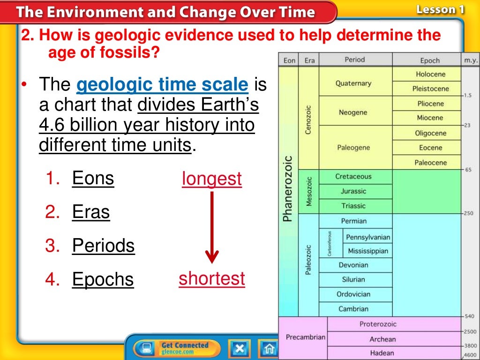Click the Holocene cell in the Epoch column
pos(430,74)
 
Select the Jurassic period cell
pos(353,191)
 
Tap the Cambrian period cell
pos(353,309)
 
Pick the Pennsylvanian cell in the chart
pos(368,237)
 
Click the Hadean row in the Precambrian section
pos(382,353)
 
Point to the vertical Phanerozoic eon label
pos(287,187)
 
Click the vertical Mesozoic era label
pos(308,191)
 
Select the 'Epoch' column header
pos(429,60)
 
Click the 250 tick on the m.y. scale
pos(468,213)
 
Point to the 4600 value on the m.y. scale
pos(470,355)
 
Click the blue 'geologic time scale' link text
pos(162,85)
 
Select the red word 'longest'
pos(212,179)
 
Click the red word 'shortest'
pos(212,278)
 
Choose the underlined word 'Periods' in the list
pos(103,246)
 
